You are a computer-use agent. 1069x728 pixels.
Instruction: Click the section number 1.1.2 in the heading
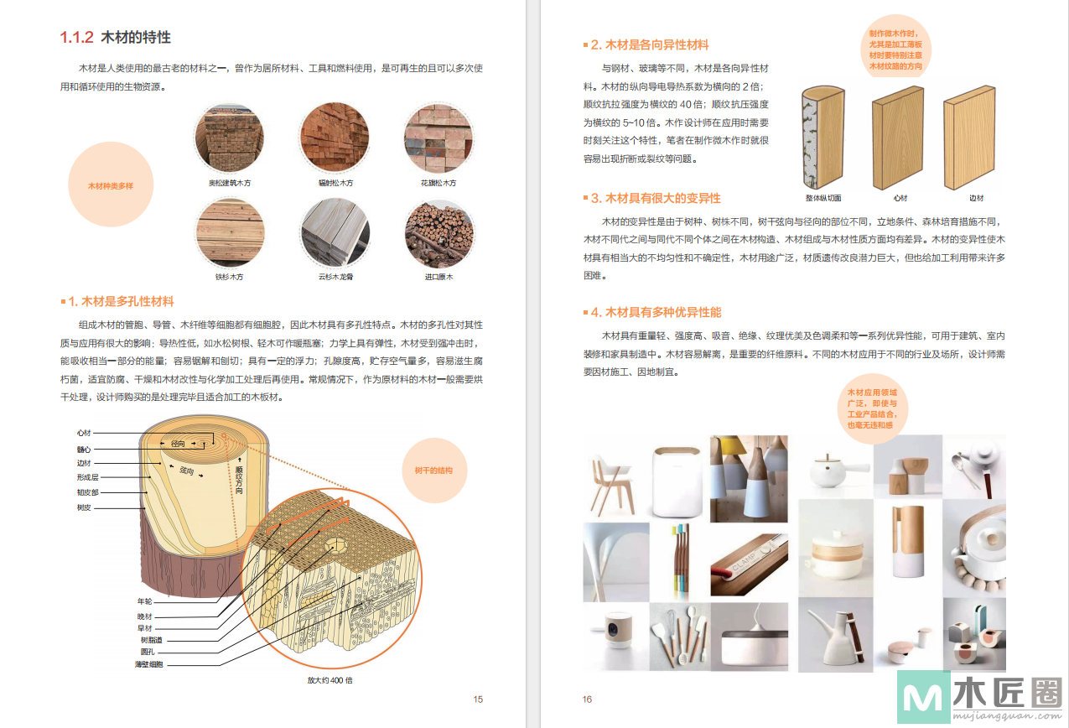(x=76, y=37)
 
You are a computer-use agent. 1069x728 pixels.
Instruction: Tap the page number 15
(x=478, y=699)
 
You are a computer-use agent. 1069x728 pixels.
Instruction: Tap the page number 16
(x=587, y=699)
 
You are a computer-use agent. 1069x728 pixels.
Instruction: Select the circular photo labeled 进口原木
(x=439, y=234)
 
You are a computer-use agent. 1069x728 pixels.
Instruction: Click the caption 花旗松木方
(x=438, y=183)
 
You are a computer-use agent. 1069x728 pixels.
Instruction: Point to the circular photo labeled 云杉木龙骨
(x=335, y=233)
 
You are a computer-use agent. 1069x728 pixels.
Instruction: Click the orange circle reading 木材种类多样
(x=111, y=185)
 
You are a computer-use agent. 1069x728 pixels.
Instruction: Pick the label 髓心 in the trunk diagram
(x=84, y=450)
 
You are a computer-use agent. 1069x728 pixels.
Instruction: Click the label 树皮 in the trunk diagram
(x=84, y=507)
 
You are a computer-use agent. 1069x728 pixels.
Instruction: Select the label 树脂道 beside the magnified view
(x=151, y=640)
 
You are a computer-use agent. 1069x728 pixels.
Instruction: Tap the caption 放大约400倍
(x=330, y=680)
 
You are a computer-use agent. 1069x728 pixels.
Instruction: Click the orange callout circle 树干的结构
(x=434, y=471)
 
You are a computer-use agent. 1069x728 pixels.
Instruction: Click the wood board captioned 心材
(x=897, y=138)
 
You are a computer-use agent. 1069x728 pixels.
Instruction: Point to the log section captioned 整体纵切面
(x=823, y=138)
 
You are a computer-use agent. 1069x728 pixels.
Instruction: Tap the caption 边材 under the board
(x=977, y=198)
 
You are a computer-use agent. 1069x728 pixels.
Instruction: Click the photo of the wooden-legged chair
(x=615, y=480)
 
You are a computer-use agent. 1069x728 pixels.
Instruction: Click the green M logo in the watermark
(x=924, y=696)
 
